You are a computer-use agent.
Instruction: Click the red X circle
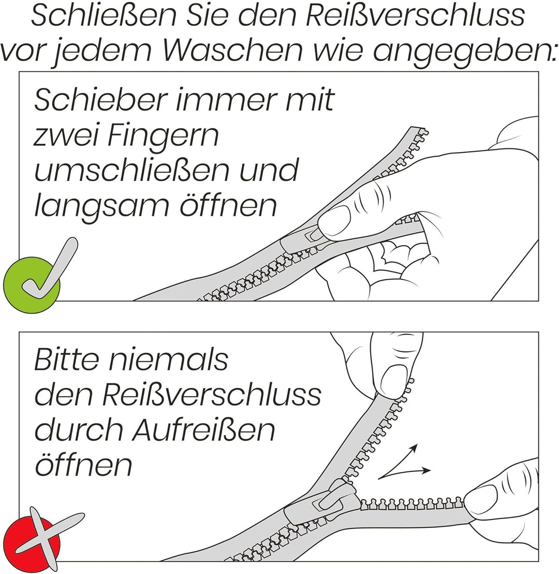(x=32, y=542)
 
